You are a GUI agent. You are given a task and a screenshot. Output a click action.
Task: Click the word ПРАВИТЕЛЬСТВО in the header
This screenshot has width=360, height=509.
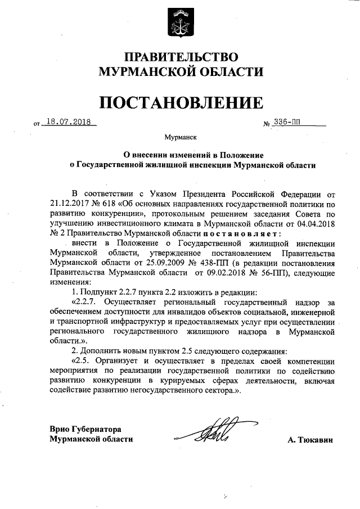181,57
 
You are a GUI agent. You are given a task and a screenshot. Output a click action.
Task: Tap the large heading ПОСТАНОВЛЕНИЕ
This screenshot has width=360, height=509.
181,102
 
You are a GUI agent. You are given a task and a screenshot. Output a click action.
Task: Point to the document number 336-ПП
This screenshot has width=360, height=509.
290,121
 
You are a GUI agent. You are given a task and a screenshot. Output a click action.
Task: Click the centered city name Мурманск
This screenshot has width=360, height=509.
180,137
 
